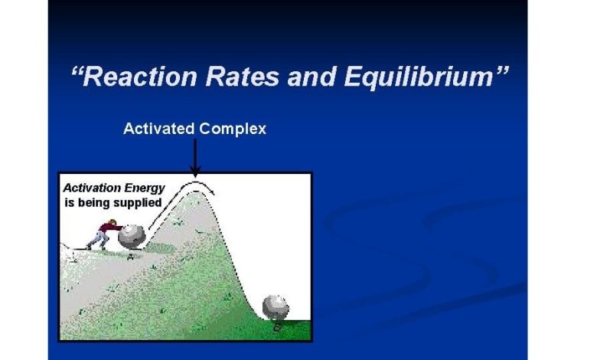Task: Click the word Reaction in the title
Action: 140,77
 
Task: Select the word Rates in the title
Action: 243,77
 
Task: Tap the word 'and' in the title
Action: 312,77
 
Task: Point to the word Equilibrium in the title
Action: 419,77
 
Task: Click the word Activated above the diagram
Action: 158,129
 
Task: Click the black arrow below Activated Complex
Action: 195,158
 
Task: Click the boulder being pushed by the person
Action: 132,237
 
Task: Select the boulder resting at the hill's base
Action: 276,306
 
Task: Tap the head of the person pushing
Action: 113,221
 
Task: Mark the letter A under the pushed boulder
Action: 131,257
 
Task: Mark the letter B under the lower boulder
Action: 278,327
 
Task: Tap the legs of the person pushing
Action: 96,241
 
